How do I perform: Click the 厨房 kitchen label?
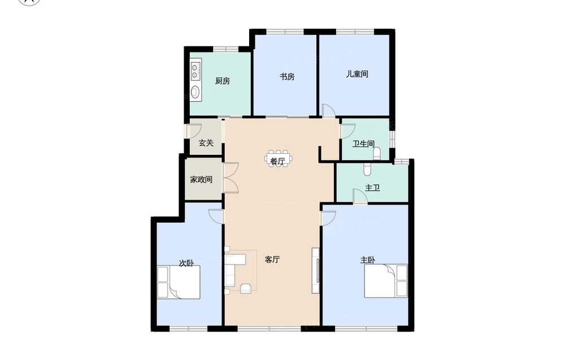tap(222, 81)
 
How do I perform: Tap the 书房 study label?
tap(287, 76)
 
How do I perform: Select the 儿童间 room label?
tap(357, 74)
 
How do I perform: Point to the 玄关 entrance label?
tap(206, 143)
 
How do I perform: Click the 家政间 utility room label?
tap(201, 179)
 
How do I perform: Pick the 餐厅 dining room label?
tap(277, 161)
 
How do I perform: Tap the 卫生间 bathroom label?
tap(363, 144)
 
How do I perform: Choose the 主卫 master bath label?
tap(372, 188)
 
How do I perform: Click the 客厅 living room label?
tap(272, 259)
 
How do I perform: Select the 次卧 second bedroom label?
tap(186, 263)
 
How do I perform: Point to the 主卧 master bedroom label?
tap(368, 260)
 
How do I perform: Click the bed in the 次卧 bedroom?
tap(179, 282)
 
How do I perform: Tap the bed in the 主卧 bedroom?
tap(386, 281)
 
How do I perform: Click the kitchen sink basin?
tap(195, 92)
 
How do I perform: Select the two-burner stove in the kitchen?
tap(195, 71)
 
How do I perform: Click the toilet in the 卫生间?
tap(377, 154)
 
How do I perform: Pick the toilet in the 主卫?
tap(367, 170)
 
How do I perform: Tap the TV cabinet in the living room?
tap(316, 270)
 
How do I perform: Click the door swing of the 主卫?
tap(359, 196)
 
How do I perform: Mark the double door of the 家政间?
tap(231, 177)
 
